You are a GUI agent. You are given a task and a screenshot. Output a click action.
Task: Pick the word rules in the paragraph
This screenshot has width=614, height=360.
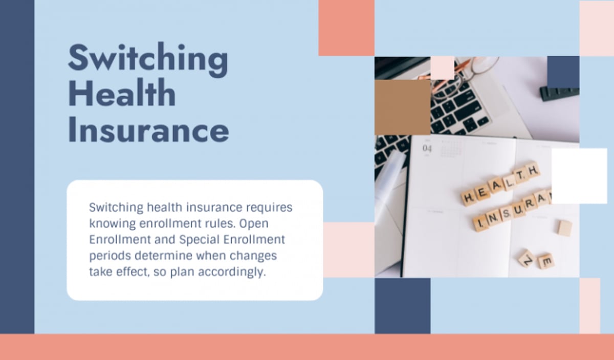pos(221,223)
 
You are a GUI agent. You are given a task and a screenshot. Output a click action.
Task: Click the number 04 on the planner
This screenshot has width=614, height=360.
pos(427,149)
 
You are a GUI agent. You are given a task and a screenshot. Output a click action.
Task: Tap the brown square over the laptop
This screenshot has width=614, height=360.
pos(402,107)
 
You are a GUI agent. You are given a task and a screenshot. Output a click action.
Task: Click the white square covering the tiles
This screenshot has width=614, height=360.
pos(579,176)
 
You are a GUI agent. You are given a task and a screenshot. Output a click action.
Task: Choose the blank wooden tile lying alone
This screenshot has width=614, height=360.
pos(564,228)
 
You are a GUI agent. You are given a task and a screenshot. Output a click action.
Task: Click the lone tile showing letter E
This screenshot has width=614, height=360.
pos(546,262)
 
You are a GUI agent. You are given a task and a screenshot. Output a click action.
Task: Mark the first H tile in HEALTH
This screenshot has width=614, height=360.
pos(468,197)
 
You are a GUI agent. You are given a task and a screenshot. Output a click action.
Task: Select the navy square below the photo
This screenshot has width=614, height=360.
pos(402,305)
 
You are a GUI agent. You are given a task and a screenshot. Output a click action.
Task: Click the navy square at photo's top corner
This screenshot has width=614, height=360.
pos(563,72)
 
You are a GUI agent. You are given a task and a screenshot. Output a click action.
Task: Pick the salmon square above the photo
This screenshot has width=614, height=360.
pos(346,28)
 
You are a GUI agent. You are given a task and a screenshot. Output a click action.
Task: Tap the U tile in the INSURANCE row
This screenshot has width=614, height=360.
pos(518,209)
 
